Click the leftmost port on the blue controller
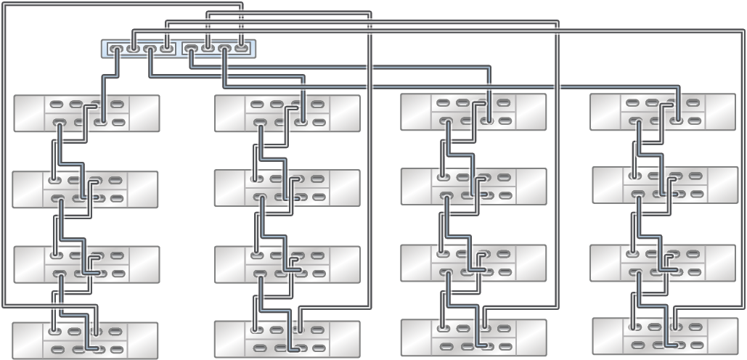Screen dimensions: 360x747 [117, 49]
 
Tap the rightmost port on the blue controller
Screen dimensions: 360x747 [242, 49]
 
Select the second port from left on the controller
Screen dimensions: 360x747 [133, 49]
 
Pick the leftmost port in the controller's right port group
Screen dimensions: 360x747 [191, 49]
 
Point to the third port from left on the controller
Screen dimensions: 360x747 [150, 49]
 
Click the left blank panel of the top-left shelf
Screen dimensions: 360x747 [30, 113]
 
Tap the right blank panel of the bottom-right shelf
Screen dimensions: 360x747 [722, 336]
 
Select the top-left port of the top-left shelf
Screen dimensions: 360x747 [57, 105]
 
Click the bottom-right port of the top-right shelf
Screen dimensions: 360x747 [695, 120]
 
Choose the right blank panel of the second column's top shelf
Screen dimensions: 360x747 [345, 113]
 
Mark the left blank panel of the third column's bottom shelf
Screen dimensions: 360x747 [417, 337]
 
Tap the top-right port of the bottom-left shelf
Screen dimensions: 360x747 [114, 331]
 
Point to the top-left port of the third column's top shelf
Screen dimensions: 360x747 [444, 103]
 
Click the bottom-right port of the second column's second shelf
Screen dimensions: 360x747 [317, 196]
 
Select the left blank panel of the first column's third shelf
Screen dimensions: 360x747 [30, 264]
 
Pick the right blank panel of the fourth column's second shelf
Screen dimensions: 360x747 [723, 185]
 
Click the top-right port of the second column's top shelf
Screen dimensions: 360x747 [317, 105]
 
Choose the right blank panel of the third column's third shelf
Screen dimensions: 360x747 [531, 263]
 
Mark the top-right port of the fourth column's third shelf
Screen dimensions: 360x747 [695, 254]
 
